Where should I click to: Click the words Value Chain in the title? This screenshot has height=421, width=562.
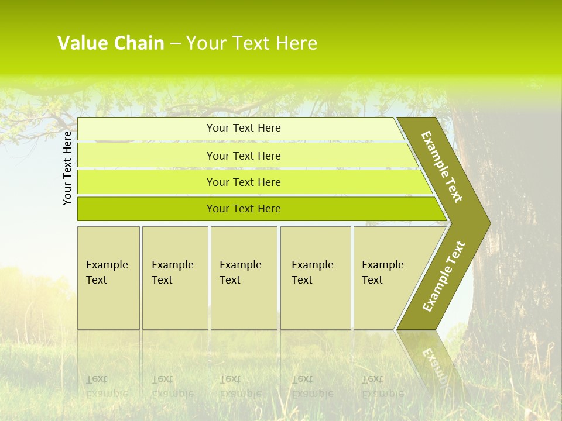pyautogui.click(x=111, y=43)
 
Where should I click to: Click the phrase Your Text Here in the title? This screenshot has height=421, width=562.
pyautogui.click(x=252, y=43)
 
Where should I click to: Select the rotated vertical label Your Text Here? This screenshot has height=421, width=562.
pyautogui.click(x=68, y=168)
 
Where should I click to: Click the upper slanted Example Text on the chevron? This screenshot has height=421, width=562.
pyautogui.click(x=442, y=167)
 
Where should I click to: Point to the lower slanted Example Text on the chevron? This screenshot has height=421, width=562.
pyautogui.click(x=443, y=277)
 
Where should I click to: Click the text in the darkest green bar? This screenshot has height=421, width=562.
pyautogui.click(x=244, y=209)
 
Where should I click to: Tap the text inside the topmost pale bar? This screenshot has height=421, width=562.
pyautogui.click(x=244, y=128)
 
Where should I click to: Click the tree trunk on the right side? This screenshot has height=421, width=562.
pyautogui.click(x=515, y=246)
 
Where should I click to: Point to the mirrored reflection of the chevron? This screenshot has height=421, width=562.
pyautogui.click(x=430, y=360)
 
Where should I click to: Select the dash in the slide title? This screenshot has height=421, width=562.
pyautogui.click(x=175, y=44)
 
